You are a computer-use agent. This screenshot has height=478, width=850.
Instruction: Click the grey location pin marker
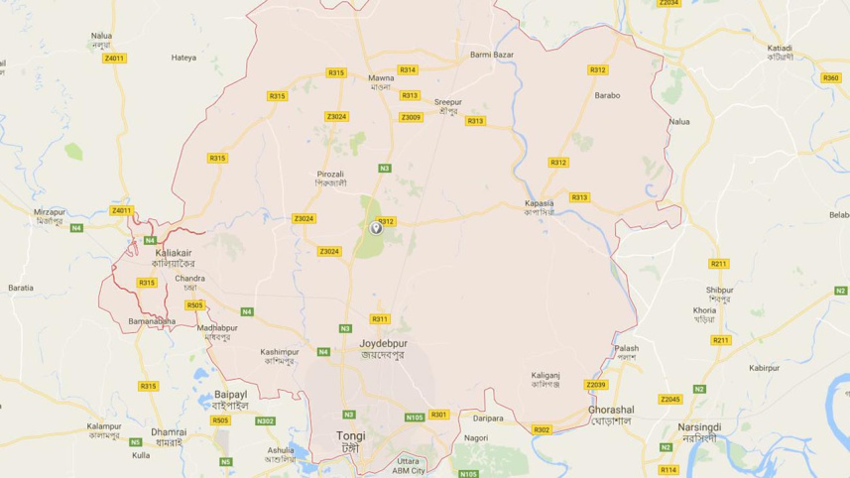(x=377, y=228)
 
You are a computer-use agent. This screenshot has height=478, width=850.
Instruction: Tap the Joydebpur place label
(x=383, y=344)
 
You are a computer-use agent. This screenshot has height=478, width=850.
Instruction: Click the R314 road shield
(x=408, y=69)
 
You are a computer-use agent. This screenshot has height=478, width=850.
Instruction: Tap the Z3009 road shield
(x=411, y=117)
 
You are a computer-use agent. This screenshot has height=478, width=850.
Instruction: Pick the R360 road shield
(x=831, y=77)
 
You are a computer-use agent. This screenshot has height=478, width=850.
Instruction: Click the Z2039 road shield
(x=595, y=384)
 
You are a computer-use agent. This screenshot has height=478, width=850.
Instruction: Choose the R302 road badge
(x=542, y=429)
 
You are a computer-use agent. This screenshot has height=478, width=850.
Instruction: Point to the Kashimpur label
(x=280, y=352)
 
